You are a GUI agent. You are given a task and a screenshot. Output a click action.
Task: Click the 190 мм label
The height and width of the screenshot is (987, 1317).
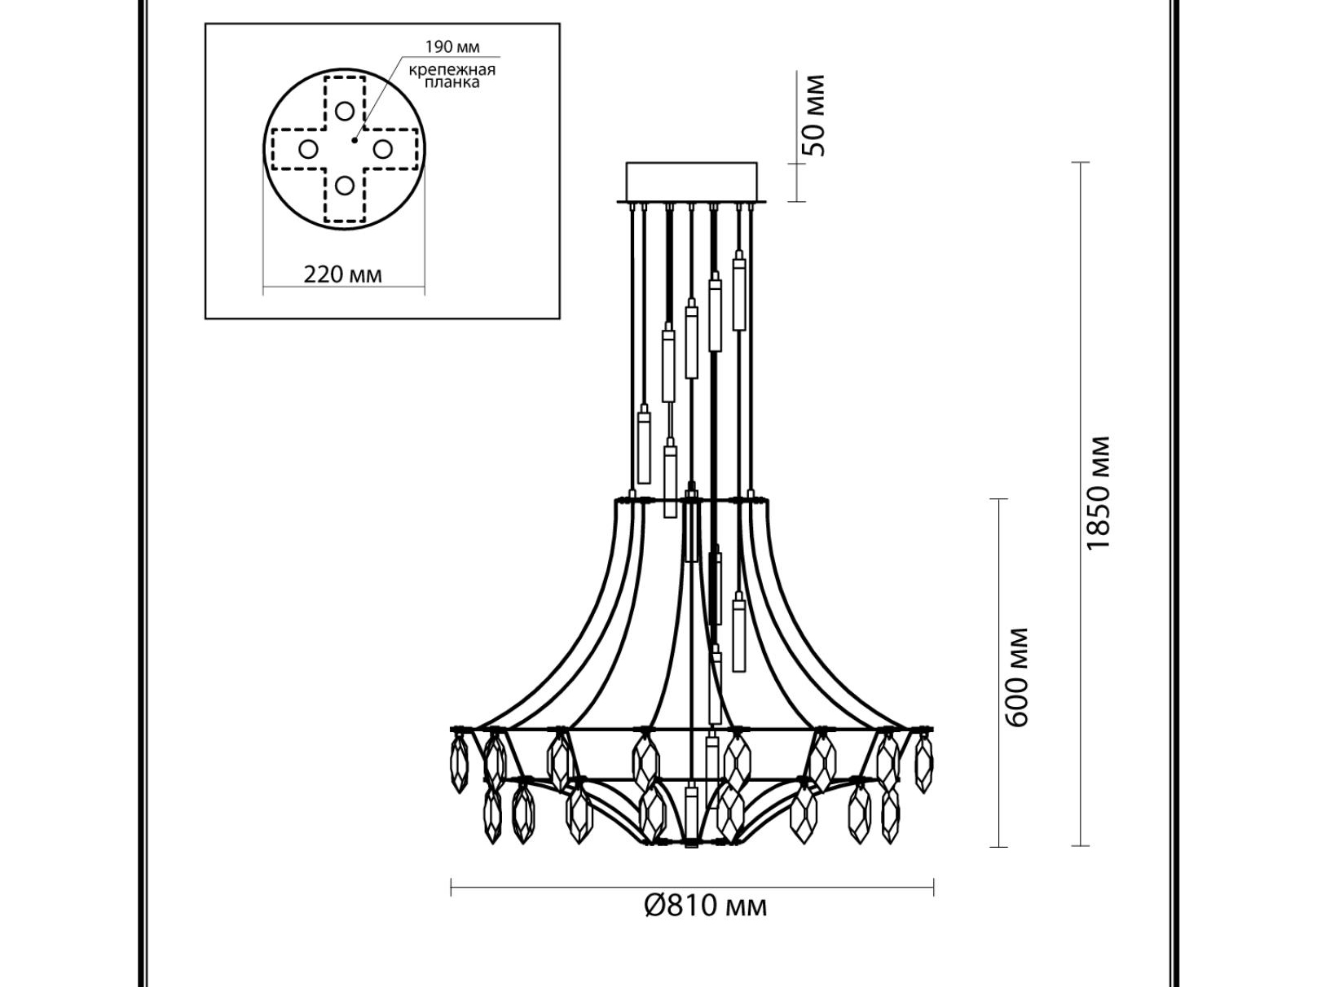coord(451,46)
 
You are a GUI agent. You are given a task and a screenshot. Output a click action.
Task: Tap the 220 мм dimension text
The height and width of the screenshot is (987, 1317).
coord(342,274)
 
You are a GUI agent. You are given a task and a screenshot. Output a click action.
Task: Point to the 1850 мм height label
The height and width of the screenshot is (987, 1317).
coord(1098,492)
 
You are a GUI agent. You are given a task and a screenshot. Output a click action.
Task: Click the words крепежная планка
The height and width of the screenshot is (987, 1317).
coord(452,76)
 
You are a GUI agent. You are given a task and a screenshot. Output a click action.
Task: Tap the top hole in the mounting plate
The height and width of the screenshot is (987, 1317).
coord(345,111)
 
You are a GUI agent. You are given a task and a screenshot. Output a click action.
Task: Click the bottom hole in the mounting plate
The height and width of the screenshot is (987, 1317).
coord(345,186)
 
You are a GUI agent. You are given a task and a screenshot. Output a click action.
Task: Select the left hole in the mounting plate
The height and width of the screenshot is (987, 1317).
coord(308,148)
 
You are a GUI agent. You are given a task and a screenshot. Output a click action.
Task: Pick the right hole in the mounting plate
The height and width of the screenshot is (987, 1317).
coord(382,148)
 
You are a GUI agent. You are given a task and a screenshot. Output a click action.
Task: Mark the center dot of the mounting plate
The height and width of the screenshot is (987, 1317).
coord(355,140)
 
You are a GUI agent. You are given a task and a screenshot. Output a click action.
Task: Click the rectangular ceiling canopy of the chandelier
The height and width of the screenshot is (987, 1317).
coord(691,182)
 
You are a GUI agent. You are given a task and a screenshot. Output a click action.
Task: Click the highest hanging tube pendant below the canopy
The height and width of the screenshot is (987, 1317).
coord(739,292)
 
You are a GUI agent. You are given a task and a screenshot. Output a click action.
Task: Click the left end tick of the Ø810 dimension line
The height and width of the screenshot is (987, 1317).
coord(451,887)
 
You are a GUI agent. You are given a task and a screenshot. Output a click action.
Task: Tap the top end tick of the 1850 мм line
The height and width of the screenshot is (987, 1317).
coord(1081,162)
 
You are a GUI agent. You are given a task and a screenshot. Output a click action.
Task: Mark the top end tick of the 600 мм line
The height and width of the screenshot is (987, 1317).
coord(998,498)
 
